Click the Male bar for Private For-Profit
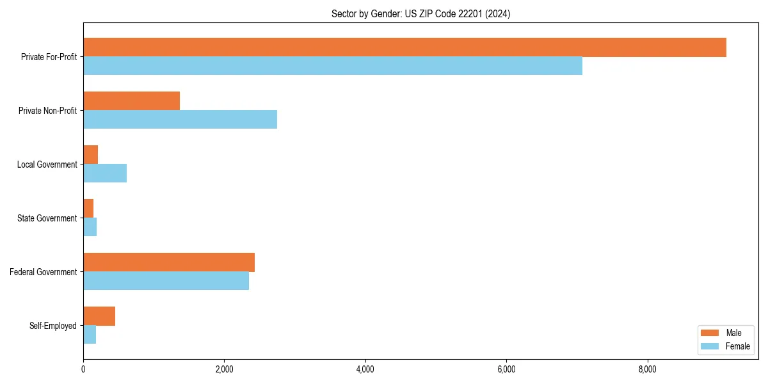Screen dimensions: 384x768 pos(404,47)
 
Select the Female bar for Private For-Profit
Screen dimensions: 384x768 pos(333,66)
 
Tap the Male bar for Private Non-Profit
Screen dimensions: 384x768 pos(131,101)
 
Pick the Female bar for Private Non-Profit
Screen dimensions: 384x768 pos(180,120)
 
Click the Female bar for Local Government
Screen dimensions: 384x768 pos(105,173)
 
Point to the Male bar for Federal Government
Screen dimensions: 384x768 pos(169,262)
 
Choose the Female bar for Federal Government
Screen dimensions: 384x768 pos(166,281)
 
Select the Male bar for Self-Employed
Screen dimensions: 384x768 pos(99,316)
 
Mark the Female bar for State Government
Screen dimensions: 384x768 pos(90,227)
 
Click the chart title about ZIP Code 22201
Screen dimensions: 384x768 pos(420,13)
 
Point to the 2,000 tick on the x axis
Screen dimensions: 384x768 pos(224,369)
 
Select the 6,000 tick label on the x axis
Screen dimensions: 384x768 pos(506,369)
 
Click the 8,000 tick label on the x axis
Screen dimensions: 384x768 pos(647,369)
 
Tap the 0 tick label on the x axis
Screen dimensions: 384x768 pos(83,369)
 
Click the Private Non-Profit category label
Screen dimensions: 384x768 pos(47,111)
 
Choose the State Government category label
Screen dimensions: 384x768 pos(47,218)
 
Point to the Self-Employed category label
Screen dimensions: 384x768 pos(53,326)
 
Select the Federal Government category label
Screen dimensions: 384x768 pos(44,272)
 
